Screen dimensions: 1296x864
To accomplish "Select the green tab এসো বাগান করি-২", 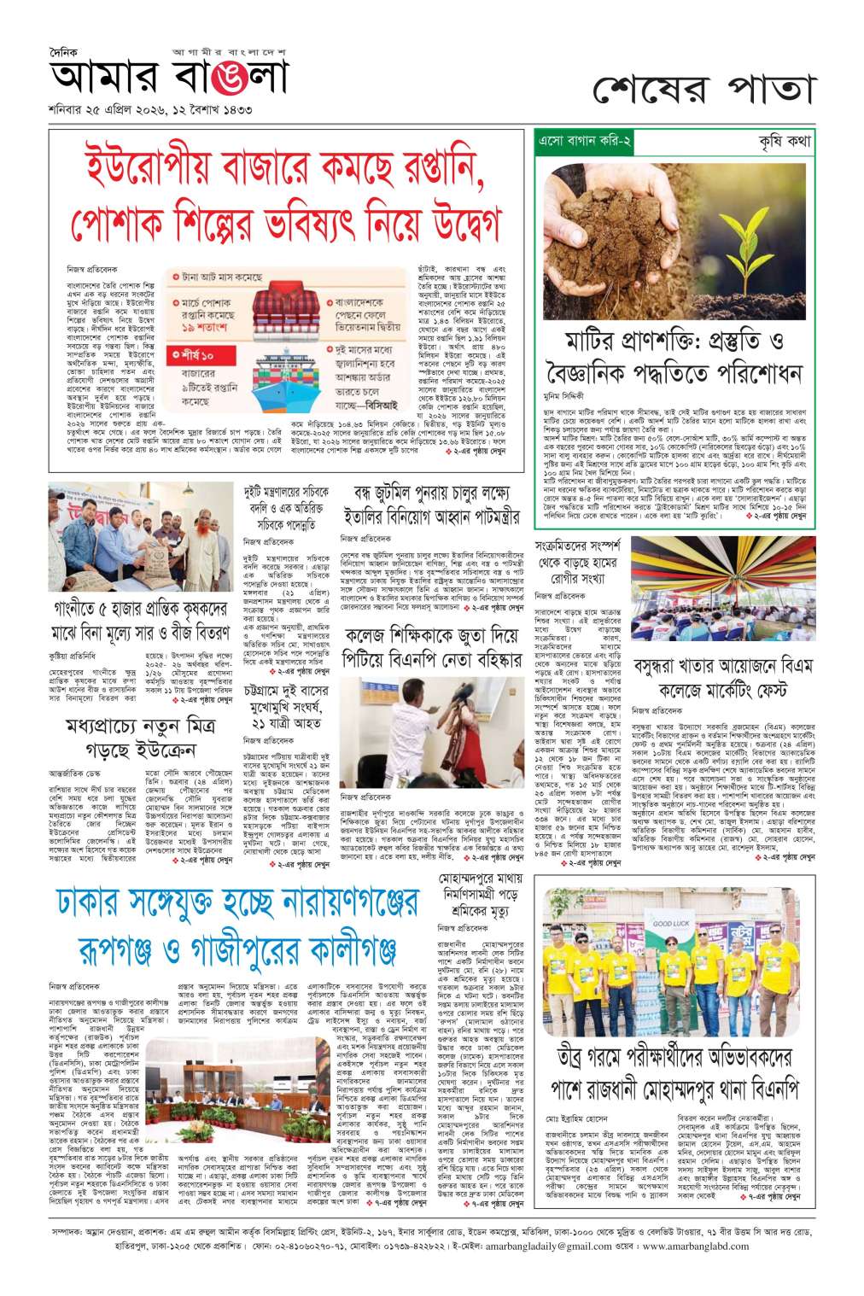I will pos(583,141).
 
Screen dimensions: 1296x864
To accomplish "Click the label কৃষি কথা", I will pos(784,141).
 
